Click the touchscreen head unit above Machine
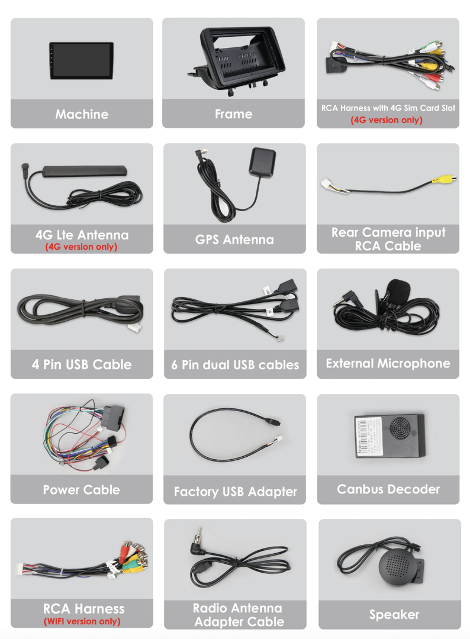(x=81, y=61)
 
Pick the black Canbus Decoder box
(x=389, y=435)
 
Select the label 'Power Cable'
(x=81, y=490)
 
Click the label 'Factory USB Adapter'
(x=235, y=492)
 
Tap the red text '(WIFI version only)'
(x=82, y=621)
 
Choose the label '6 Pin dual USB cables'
(x=235, y=365)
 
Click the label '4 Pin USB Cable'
(x=82, y=364)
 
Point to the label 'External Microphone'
(x=388, y=363)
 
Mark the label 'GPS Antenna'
(x=234, y=240)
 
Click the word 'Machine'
(x=82, y=114)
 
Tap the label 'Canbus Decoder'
(x=388, y=489)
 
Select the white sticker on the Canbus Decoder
(x=369, y=435)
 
